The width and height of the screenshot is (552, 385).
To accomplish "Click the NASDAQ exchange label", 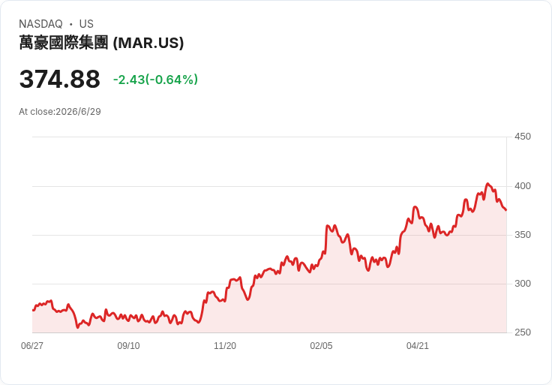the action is click(40, 24).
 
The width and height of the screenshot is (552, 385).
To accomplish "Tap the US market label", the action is click(86, 24).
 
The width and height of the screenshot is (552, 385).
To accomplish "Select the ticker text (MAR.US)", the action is click(148, 43).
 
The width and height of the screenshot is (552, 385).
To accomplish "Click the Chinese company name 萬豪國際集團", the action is click(63, 43).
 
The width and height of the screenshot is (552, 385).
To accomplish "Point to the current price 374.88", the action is click(60, 80).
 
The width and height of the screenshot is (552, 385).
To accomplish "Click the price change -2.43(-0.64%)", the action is click(155, 80).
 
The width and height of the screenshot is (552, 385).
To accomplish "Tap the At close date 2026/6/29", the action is click(78, 112).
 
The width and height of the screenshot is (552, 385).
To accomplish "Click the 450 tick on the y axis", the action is click(523, 137).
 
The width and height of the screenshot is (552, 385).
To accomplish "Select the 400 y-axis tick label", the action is click(523, 186).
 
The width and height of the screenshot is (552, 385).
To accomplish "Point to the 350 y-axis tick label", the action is click(523, 235).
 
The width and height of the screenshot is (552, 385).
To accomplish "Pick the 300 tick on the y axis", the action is click(523, 284).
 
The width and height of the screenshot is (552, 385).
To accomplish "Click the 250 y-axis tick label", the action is click(523, 332).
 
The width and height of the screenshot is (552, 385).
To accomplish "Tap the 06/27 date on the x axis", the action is click(32, 346).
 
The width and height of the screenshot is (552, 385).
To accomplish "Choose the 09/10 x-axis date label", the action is click(128, 346).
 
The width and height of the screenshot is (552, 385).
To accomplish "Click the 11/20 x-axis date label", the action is click(225, 346).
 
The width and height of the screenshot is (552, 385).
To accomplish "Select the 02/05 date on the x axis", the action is click(321, 346).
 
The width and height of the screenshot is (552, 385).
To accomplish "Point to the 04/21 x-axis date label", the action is click(418, 346).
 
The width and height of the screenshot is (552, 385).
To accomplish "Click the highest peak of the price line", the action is click(487, 184).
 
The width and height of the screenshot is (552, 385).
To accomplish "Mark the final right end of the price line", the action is click(506, 210).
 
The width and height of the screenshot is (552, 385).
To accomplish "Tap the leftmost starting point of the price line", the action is click(33, 310).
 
